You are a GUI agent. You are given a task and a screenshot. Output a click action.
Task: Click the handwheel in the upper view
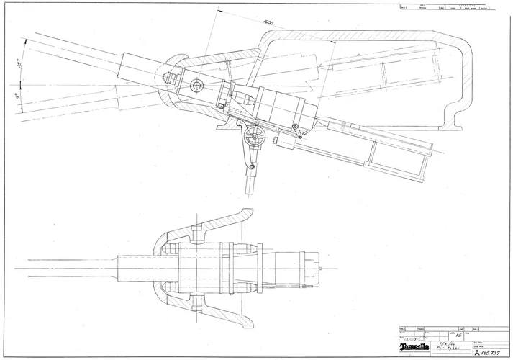click(253, 137)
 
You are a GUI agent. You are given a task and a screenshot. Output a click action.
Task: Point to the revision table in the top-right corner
click(446, 9)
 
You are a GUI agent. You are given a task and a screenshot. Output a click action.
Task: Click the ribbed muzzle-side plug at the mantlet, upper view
click(165, 75)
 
